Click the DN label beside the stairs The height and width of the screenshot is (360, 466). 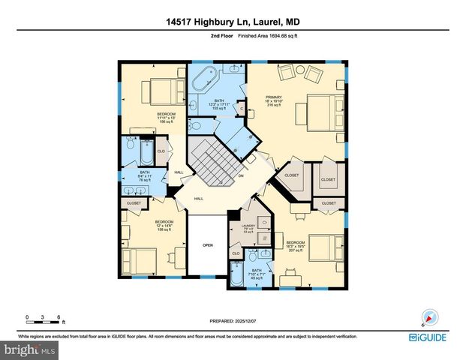(241, 176)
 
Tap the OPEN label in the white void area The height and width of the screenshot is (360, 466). (208, 245)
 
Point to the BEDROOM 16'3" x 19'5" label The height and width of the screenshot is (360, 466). (295, 245)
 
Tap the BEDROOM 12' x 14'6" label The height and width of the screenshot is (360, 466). (164, 225)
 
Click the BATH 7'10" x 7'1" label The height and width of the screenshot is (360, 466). (257, 274)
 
